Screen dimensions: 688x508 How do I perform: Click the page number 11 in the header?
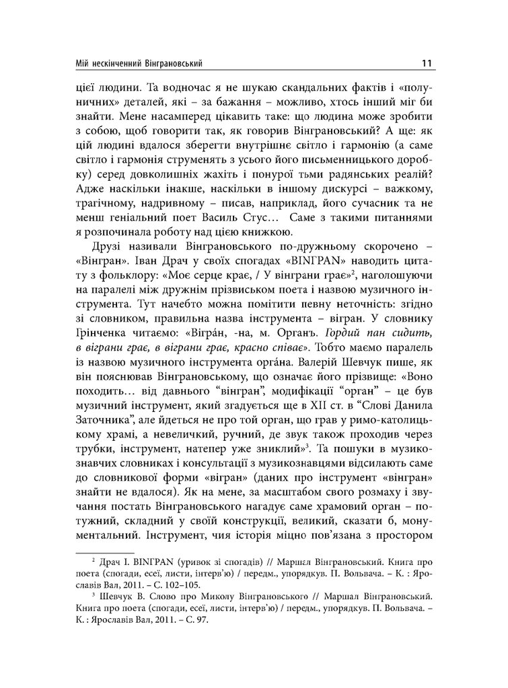(x=426, y=64)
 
